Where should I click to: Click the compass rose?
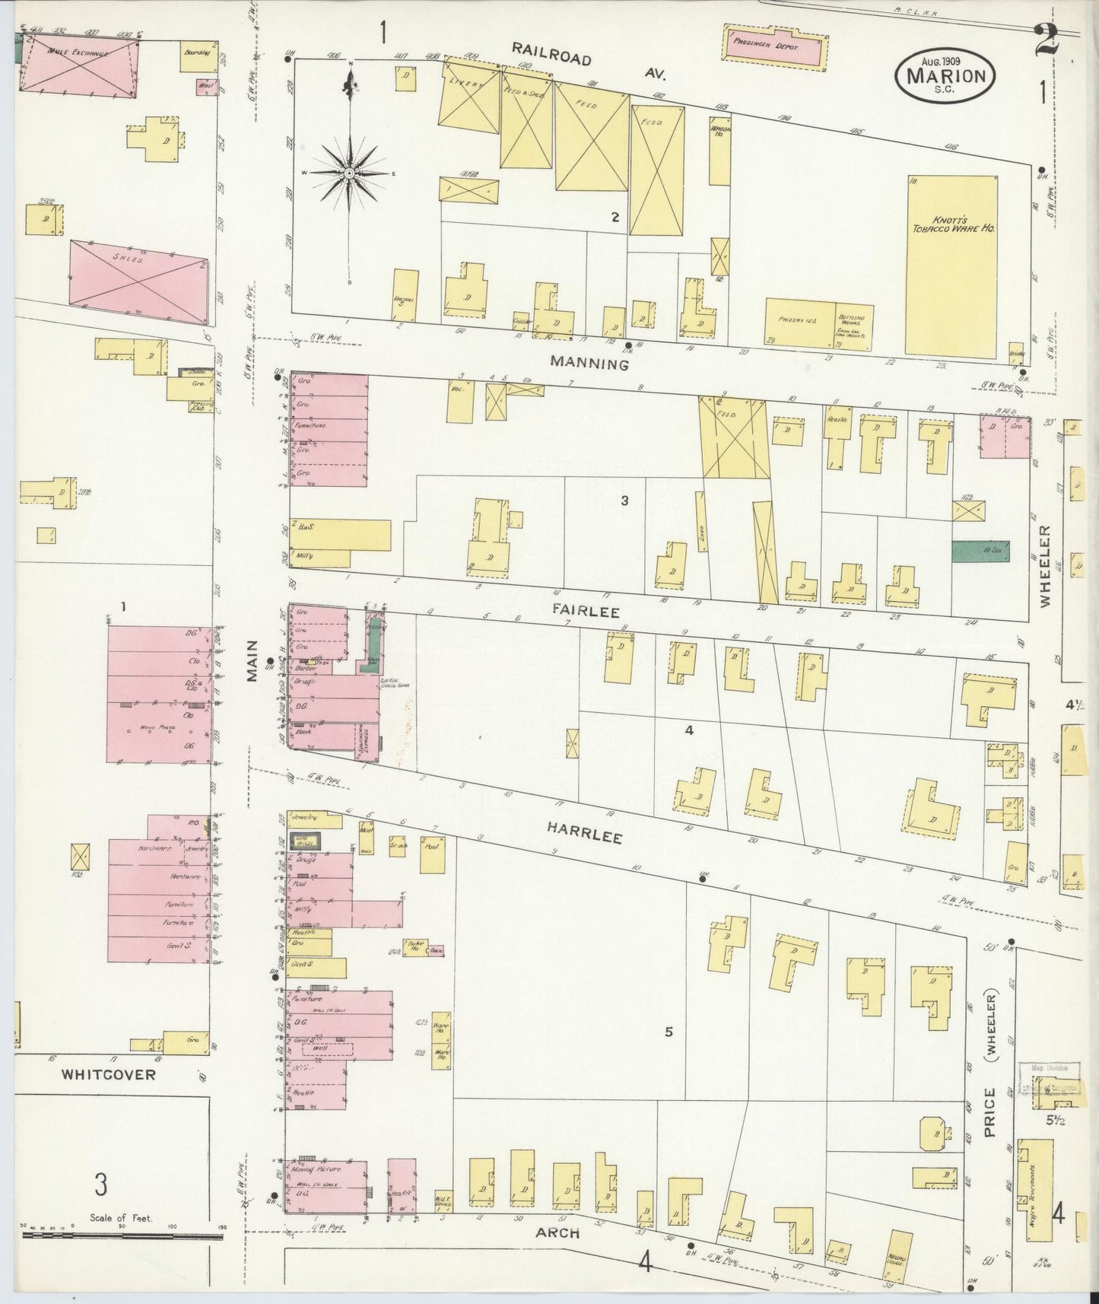tap(349, 174)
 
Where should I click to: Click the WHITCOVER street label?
tap(108, 1075)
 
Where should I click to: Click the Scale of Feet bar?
tap(122, 1236)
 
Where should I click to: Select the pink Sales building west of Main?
tap(138, 278)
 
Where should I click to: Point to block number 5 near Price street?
tap(669, 1032)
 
